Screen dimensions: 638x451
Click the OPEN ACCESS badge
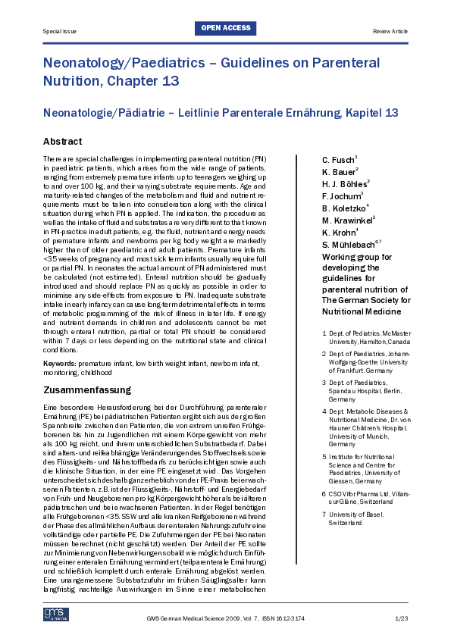225,29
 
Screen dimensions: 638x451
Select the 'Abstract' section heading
63,142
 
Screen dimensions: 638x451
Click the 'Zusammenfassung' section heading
87,390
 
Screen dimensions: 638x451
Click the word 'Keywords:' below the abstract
60,364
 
